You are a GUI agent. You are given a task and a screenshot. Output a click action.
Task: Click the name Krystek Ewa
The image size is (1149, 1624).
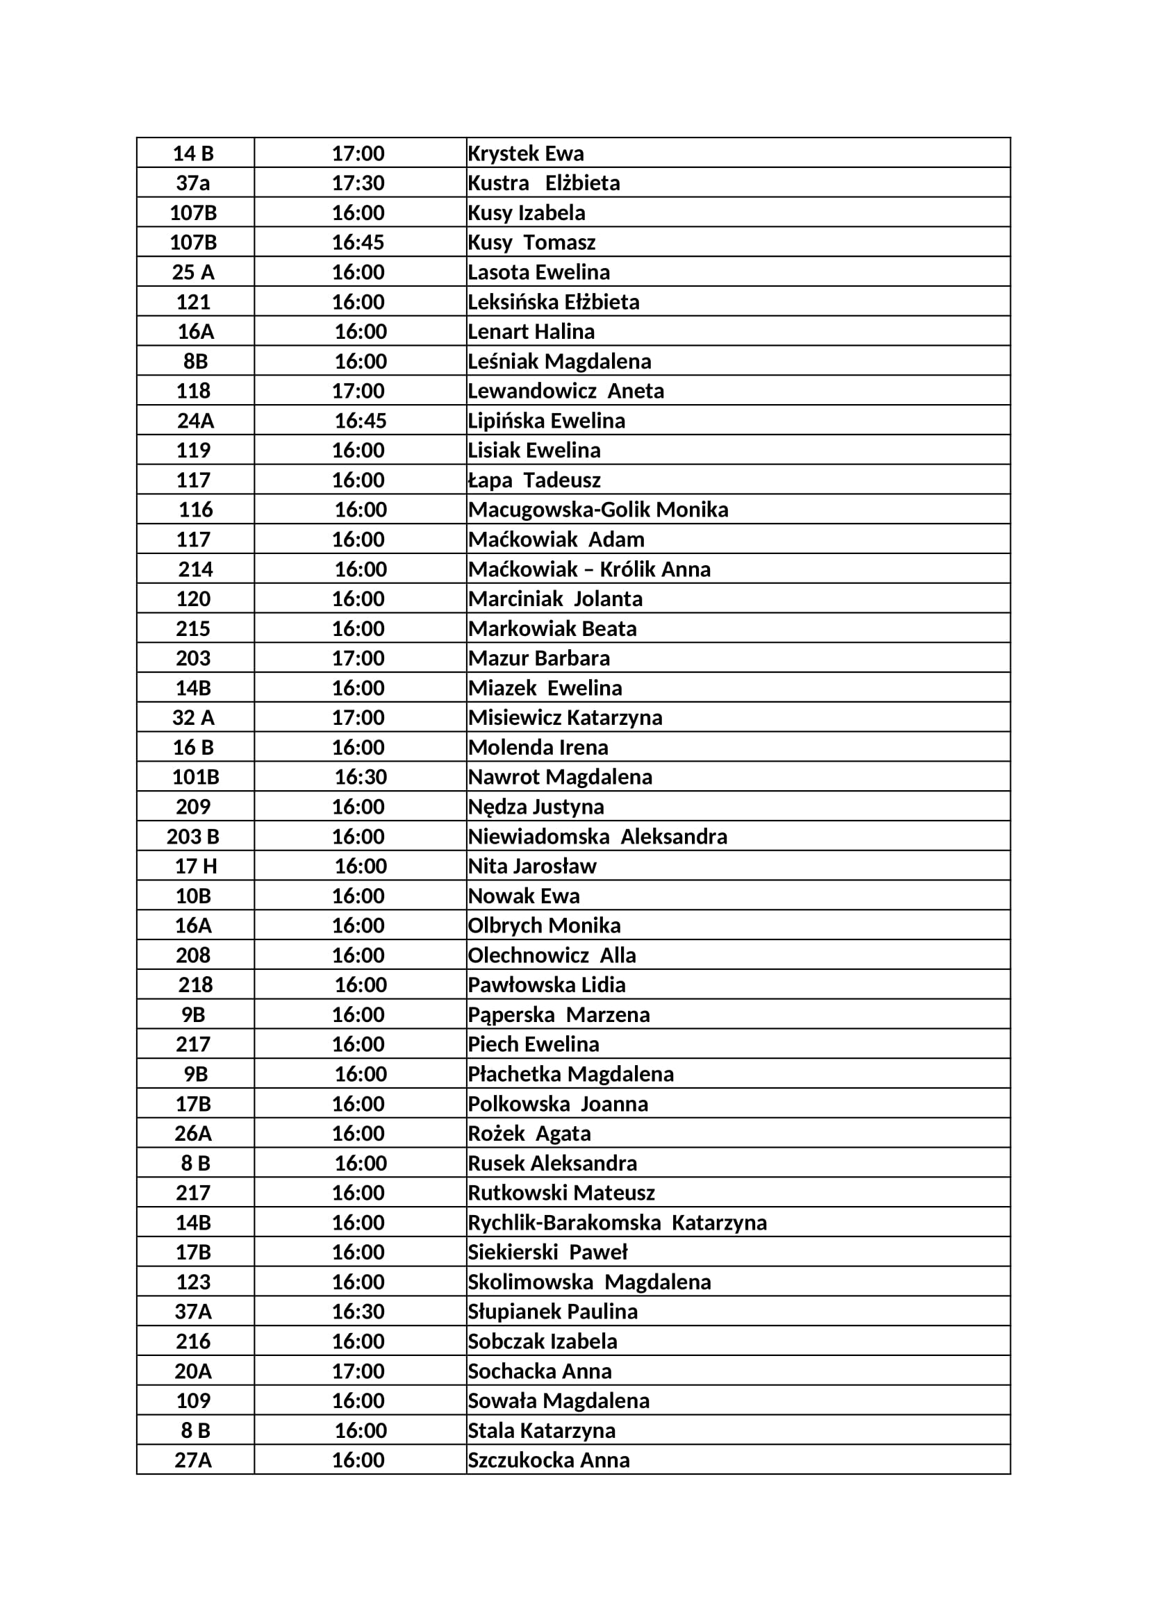(526, 153)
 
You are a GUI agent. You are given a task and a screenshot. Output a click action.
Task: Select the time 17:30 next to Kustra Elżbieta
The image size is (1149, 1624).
(358, 183)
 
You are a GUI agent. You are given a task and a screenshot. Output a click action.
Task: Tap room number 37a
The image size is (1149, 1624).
(193, 183)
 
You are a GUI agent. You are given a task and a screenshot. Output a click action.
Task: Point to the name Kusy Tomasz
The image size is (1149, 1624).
(531, 242)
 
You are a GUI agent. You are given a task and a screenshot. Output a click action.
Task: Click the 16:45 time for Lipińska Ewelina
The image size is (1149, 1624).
(360, 421)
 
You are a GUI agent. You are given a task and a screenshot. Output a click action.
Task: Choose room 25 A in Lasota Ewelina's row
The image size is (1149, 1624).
(193, 272)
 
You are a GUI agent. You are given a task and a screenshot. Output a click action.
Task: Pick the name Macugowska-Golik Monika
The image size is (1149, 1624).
(598, 510)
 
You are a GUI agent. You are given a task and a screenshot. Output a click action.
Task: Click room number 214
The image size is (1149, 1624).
(195, 569)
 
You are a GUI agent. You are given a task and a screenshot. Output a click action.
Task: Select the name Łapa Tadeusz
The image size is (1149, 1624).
(534, 480)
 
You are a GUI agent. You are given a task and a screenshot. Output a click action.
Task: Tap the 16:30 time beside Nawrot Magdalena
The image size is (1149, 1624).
(360, 778)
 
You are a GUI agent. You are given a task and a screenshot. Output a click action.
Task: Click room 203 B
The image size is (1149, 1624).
(193, 837)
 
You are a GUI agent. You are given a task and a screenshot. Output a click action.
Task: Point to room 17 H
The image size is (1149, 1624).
(196, 867)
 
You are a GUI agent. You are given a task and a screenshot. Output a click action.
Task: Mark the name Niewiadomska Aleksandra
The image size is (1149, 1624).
(597, 837)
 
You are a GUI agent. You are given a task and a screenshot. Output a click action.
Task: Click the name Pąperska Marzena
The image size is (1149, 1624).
(559, 1015)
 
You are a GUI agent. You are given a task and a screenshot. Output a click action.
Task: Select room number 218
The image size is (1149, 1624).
(195, 985)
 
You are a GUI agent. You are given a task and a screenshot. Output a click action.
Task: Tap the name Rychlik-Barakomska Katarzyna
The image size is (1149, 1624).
(617, 1223)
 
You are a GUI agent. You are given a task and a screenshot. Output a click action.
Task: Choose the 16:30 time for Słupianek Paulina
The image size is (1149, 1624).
(358, 1312)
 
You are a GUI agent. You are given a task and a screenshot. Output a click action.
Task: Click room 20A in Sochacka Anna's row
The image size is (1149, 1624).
(193, 1371)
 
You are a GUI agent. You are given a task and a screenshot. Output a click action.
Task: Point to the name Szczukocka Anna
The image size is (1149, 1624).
(548, 1461)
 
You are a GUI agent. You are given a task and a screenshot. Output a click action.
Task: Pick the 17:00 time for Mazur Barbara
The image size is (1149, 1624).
(358, 658)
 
